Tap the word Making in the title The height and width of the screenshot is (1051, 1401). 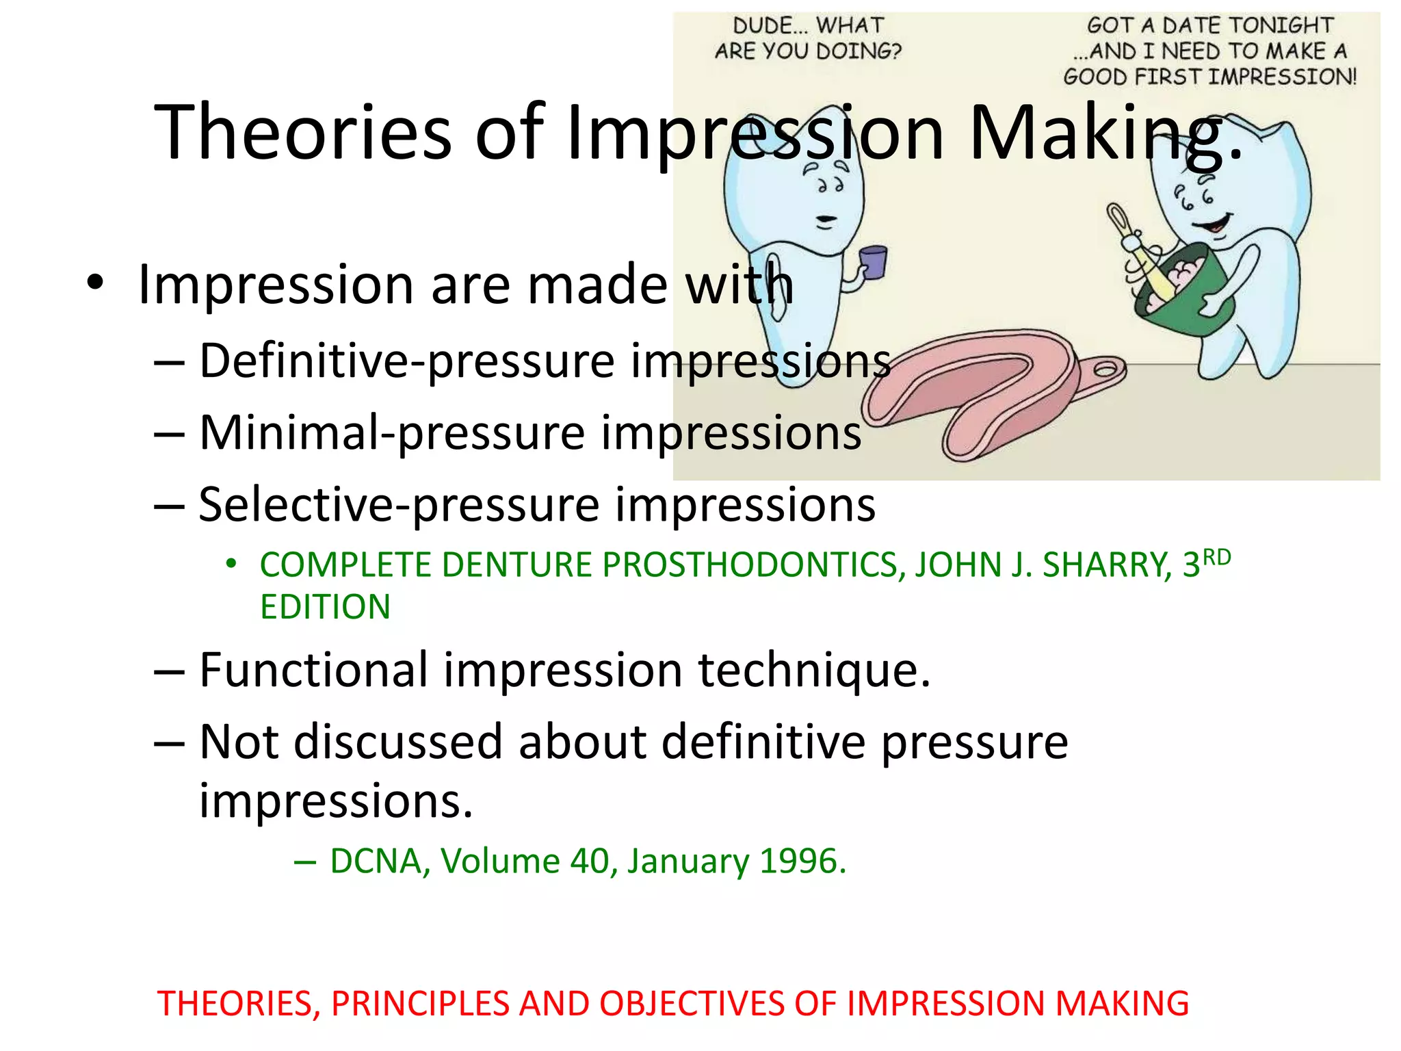coord(1095,132)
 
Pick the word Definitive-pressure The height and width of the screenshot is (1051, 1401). coord(406,361)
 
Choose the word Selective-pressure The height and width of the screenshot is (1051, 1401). coord(399,506)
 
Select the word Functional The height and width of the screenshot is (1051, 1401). coord(313,671)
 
